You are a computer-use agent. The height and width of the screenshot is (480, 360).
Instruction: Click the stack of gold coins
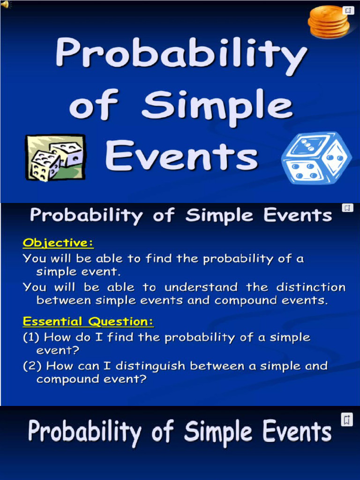coord(329,22)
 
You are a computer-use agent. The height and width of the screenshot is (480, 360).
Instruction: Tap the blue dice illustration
coord(316,158)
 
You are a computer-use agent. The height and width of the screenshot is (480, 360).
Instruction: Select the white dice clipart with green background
coord(56,157)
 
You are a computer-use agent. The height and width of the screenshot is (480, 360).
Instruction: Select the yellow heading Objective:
coord(58,243)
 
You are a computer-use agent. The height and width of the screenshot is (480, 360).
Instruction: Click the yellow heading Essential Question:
coord(88,322)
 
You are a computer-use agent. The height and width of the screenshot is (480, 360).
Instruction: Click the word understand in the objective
coord(201,287)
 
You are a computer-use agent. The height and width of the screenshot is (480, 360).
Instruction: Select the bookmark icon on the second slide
coord(347,208)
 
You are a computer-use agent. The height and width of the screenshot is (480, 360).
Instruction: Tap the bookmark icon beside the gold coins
coord(348,10)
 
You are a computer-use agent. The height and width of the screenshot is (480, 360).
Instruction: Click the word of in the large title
coord(92,105)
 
